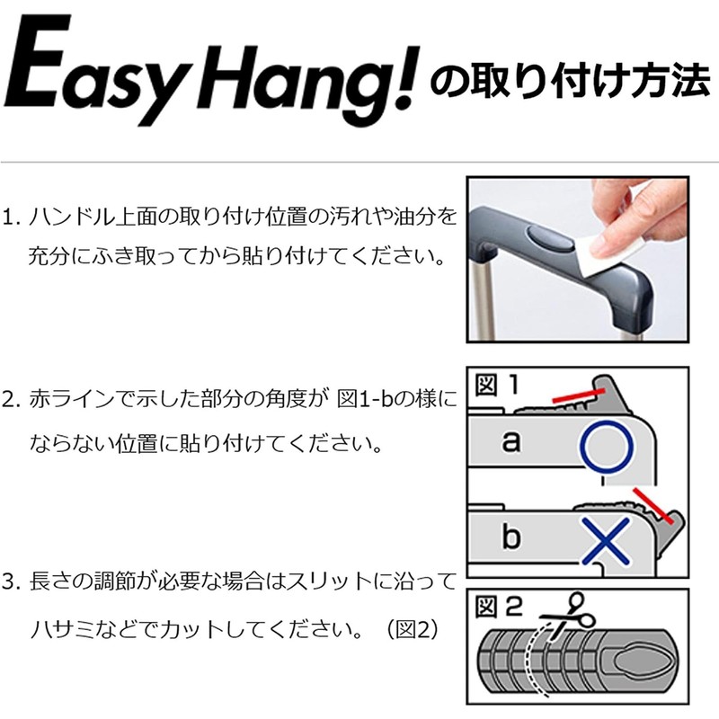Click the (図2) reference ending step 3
coord(411,628)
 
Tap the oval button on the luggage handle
coord(547,240)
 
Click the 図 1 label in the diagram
coord(497,386)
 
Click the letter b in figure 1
coord(510,537)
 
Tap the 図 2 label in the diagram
coord(500,607)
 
